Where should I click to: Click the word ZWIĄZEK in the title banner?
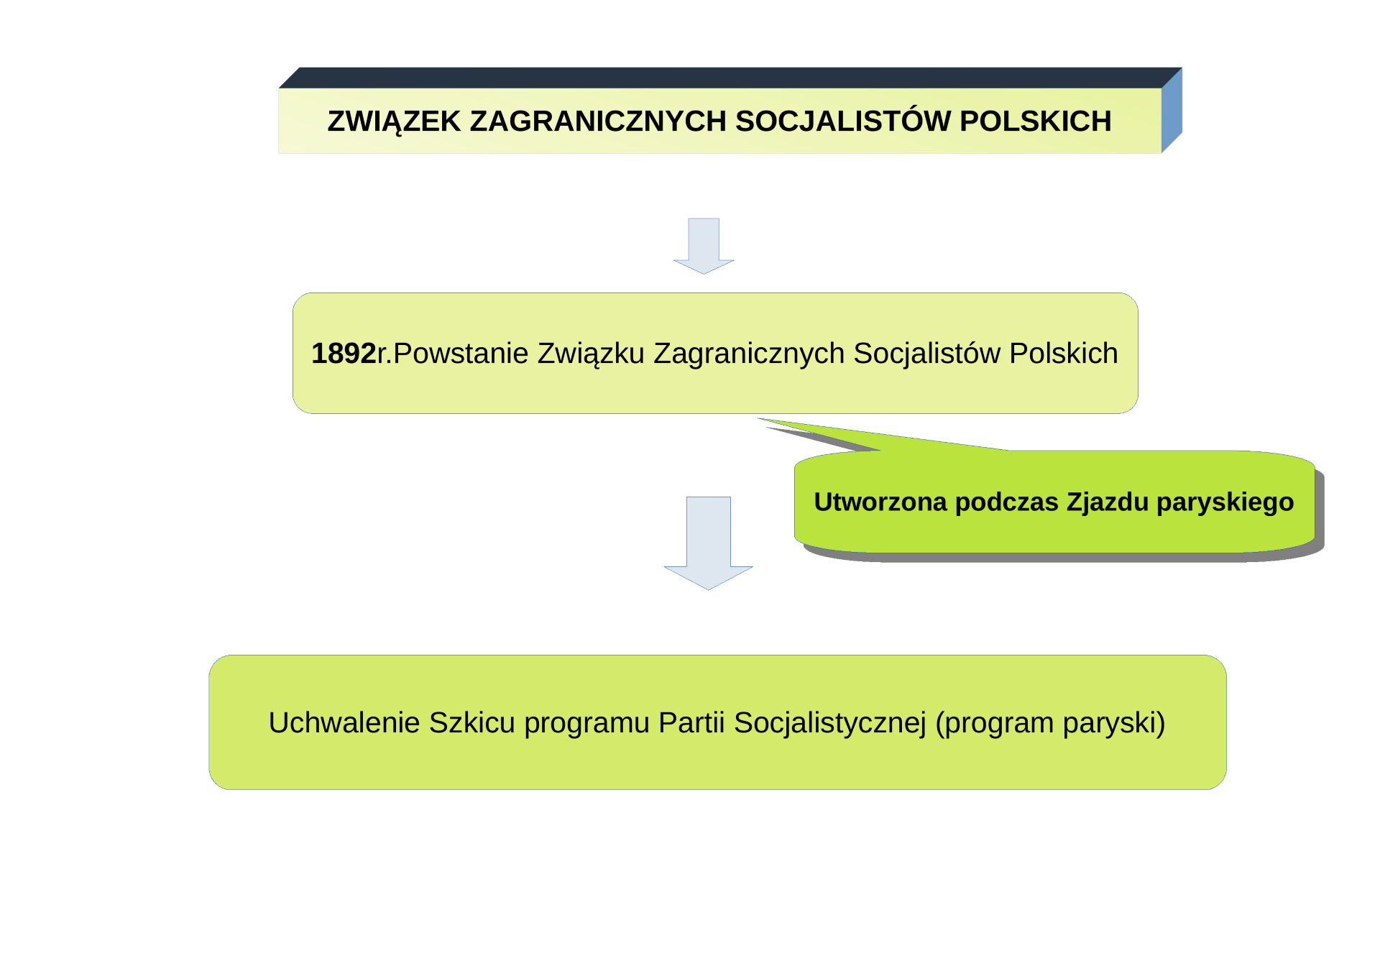394,121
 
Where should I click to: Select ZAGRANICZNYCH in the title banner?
598,121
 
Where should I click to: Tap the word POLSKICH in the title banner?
1036,121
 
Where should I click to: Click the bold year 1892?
344,354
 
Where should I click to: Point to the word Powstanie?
461,354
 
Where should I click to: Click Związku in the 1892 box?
591,354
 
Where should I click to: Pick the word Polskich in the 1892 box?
1064,354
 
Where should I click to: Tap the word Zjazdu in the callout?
1108,502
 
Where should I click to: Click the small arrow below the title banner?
704,246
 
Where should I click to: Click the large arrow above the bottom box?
709,543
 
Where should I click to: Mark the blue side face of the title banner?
1172,110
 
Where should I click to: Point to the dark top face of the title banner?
730,78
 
